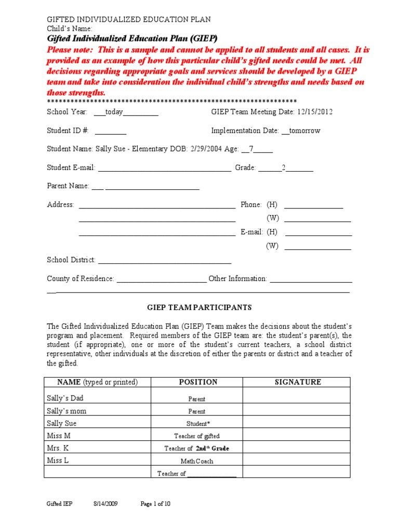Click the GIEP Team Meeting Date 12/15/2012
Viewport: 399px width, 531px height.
(314, 112)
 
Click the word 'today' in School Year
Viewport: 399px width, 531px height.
(114, 112)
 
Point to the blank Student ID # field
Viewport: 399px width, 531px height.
(111, 131)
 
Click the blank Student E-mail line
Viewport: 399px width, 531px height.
(165, 168)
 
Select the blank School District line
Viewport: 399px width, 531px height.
(165, 260)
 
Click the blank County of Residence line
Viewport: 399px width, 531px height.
(162, 279)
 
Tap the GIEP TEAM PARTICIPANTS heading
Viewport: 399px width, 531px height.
(199, 308)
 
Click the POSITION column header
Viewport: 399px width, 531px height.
(198, 382)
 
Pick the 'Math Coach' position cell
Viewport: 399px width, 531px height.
(197, 461)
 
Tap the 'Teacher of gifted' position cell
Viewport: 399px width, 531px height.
(197, 436)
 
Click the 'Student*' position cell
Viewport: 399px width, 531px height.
(197, 424)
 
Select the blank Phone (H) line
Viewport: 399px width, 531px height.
(314, 205)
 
